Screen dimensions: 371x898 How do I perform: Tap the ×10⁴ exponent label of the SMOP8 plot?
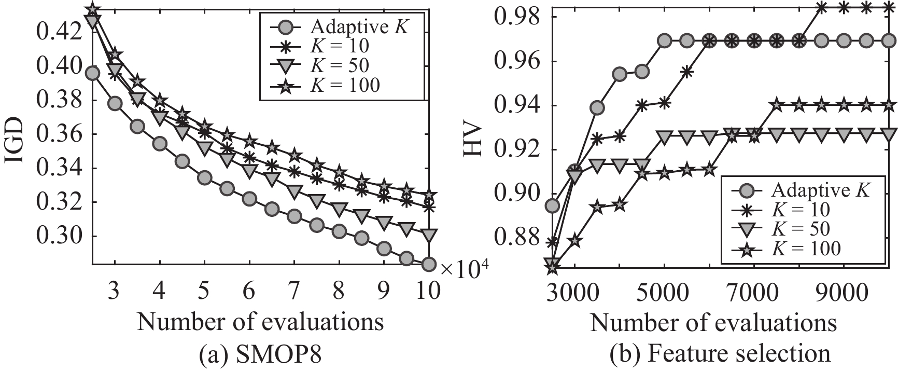click(464, 267)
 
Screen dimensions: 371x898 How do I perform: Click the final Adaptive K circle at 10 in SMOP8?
click(428, 264)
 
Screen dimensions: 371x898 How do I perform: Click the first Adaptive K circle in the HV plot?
click(553, 206)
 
